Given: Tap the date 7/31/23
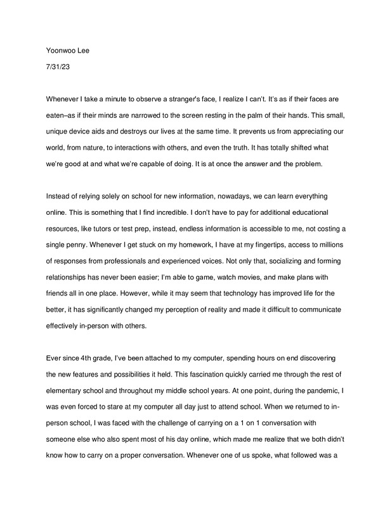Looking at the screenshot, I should point(58,65).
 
